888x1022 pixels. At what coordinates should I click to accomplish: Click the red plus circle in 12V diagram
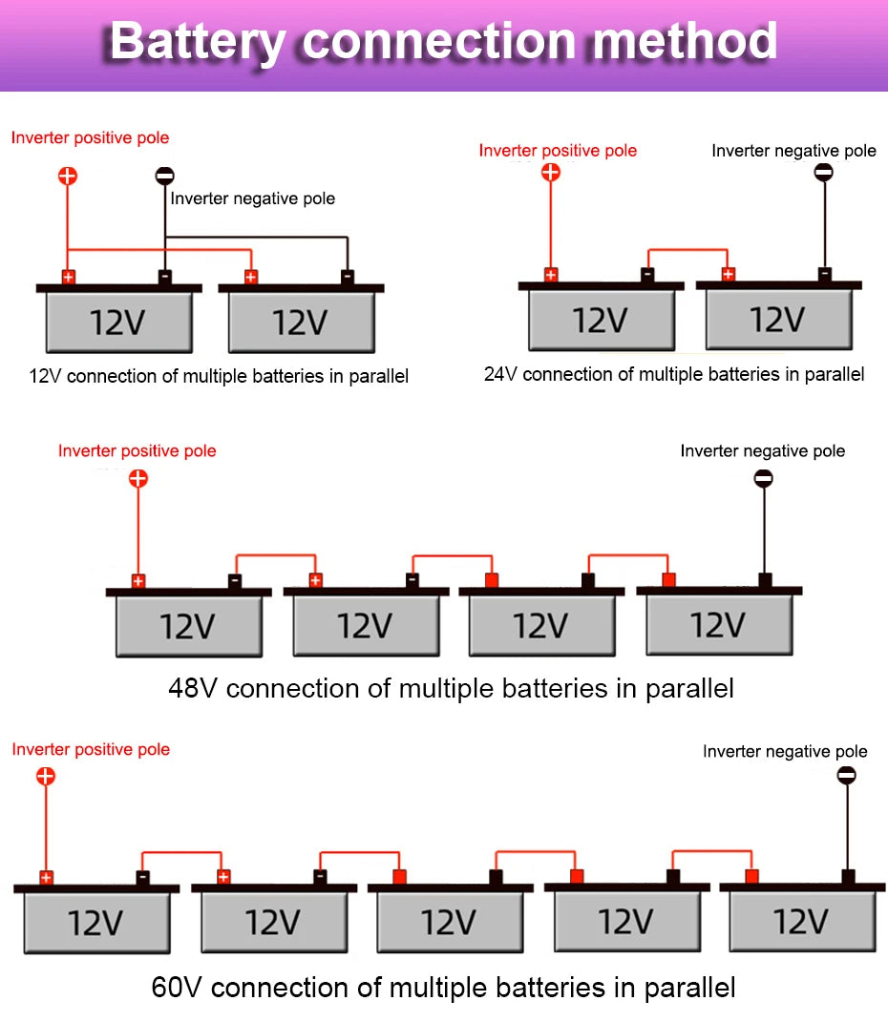[68, 176]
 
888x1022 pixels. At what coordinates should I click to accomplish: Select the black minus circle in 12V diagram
[165, 176]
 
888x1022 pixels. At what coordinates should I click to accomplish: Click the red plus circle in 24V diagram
[550, 172]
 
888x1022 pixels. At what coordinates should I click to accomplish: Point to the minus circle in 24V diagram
[823, 172]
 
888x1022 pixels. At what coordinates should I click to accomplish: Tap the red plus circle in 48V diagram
[138, 478]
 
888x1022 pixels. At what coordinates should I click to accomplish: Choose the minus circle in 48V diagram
[763, 478]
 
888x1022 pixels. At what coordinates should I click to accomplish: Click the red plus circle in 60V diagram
[46, 776]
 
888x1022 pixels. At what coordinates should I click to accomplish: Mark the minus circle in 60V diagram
[846, 776]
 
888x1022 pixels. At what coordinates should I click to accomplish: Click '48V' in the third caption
[193, 687]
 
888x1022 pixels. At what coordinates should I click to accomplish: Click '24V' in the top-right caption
[500, 375]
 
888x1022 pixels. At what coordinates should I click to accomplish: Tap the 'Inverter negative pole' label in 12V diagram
[253, 199]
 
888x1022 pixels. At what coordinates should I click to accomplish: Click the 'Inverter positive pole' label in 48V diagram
[137, 450]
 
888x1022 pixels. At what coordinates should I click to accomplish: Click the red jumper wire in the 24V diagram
[687, 251]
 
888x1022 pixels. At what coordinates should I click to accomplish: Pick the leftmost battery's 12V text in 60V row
[95, 923]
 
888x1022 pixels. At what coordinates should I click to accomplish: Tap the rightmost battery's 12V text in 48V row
[718, 625]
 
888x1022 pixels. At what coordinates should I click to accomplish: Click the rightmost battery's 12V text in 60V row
[800, 922]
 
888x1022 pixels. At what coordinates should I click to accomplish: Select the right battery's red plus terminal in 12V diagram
[251, 277]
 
